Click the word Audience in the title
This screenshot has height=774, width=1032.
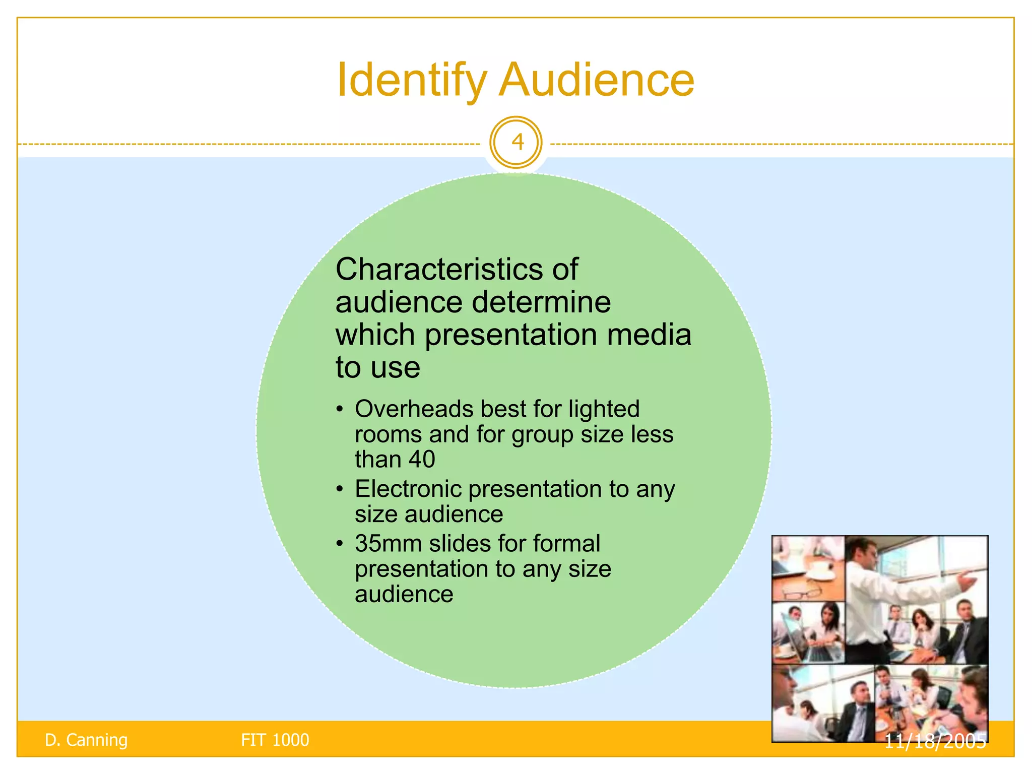pos(597,80)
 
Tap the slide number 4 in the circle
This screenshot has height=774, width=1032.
pos(517,143)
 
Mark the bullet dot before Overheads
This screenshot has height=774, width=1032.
pos(341,409)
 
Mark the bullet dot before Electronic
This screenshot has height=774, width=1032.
pos(341,489)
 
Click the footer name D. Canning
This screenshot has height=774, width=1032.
pos(86,740)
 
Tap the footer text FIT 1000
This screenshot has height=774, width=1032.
pos(275,740)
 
